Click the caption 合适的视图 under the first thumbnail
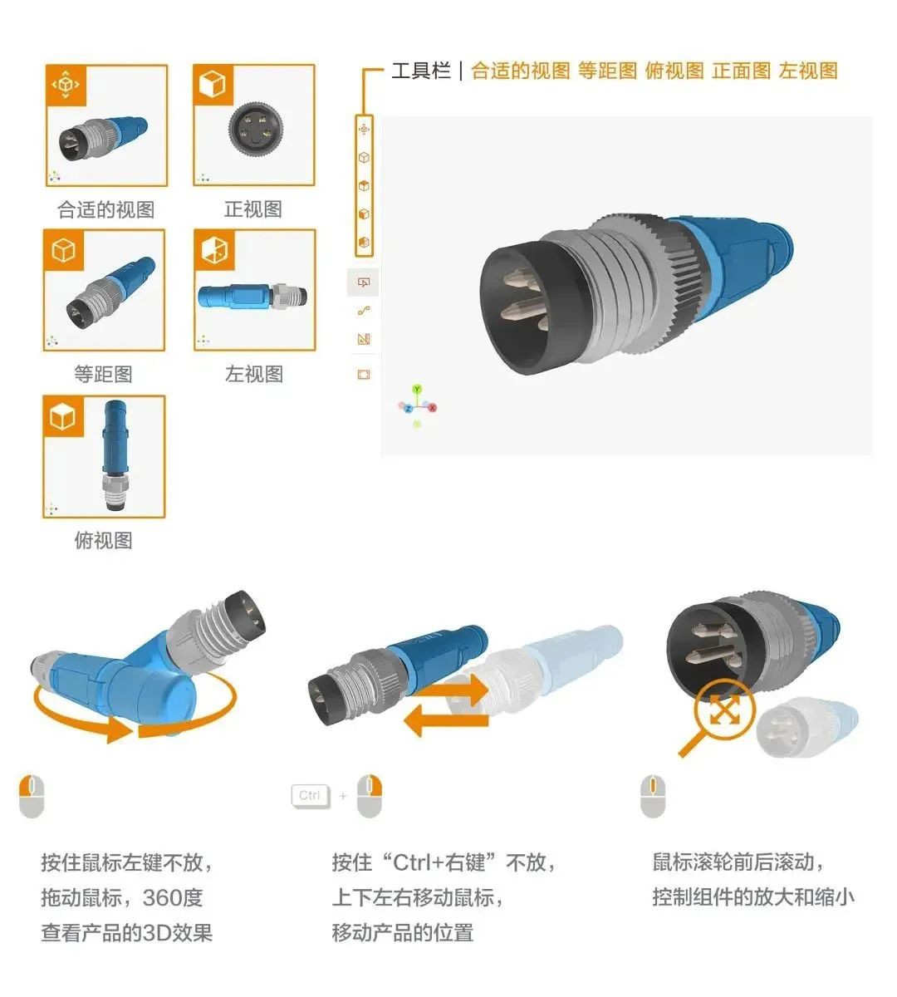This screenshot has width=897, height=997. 105,209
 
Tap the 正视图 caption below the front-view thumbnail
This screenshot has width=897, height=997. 253,209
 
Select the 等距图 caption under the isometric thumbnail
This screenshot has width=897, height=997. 104,375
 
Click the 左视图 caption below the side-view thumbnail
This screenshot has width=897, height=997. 254,375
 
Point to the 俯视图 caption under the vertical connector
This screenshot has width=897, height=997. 104,541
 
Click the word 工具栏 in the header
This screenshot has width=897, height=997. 420,71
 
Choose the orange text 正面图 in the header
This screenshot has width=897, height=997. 742,71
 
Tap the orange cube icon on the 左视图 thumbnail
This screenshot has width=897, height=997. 214,249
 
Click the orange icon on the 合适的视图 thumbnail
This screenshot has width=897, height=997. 66,85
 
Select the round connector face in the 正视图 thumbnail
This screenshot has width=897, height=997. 254,128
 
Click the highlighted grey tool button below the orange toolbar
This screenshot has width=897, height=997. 363,282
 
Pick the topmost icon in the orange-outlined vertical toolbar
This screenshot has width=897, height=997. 364,130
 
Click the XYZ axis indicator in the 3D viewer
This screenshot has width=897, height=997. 418,406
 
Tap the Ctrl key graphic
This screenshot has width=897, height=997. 310,796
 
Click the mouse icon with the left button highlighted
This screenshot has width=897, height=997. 31,796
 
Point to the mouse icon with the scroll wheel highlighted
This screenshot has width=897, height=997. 653,796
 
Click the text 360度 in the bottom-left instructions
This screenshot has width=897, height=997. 173,898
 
